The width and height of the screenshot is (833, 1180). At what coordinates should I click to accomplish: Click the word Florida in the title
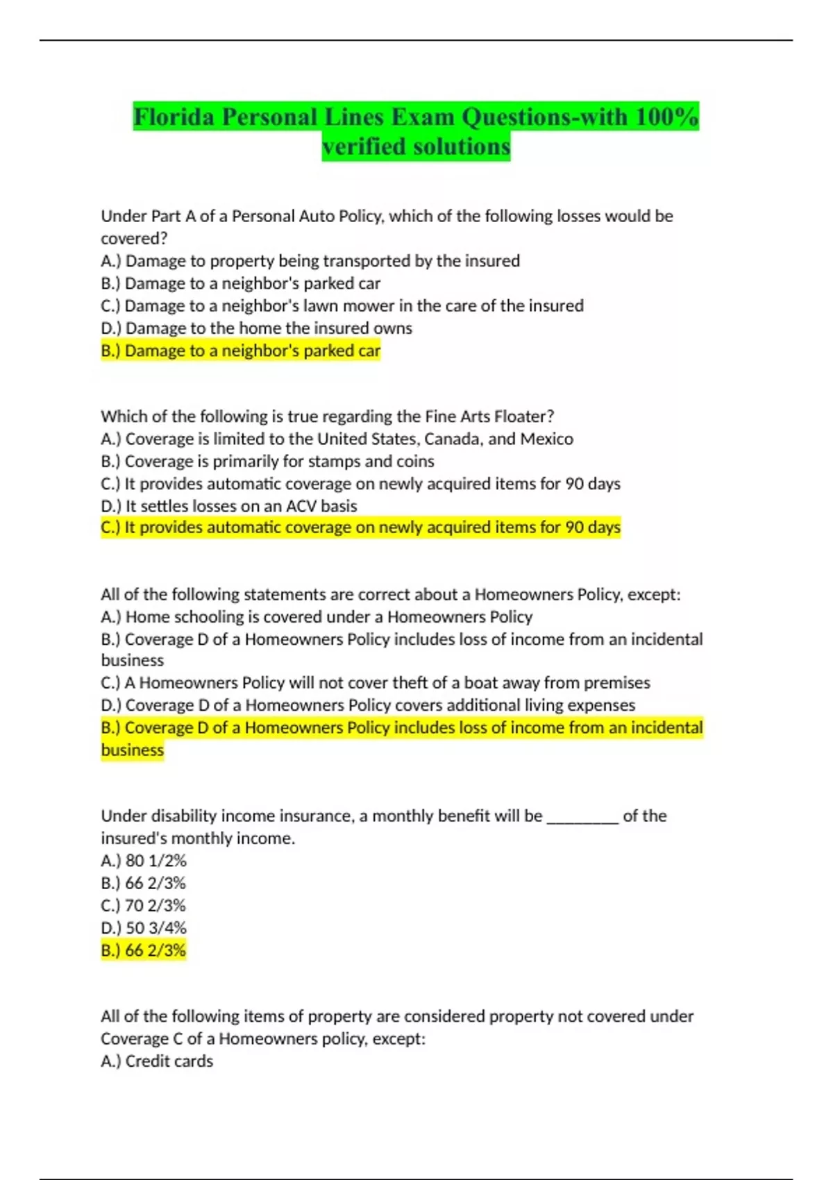point(174,117)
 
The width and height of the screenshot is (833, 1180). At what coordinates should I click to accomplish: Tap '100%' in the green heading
point(666,117)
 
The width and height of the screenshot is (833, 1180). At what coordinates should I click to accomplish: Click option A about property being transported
point(310,261)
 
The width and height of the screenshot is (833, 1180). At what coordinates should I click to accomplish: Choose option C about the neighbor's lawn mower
point(342,305)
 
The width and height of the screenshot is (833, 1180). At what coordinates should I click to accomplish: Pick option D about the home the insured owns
point(256,328)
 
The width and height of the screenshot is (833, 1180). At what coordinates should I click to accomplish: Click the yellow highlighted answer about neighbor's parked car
point(240,351)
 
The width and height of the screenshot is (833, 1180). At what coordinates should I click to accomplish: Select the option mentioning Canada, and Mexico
point(337,439)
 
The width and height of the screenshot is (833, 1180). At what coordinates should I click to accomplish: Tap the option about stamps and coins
point(267,461)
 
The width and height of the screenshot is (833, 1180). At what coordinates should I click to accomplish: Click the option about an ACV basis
point(229,506)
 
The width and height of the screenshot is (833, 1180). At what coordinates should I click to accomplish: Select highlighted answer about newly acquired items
point(360,528)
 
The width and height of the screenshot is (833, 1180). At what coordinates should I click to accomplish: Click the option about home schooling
point(317,616)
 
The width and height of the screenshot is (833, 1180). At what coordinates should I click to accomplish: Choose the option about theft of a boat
point(376,682)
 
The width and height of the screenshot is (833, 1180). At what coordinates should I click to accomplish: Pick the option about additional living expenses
point(368,705)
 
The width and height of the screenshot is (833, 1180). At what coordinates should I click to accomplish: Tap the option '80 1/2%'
point(144,861)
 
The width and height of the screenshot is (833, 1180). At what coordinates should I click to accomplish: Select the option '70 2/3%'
point(143,905)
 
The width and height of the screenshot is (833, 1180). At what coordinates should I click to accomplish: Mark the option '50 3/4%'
point(144,928)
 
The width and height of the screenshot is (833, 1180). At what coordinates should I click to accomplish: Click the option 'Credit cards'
point(157,1061)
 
